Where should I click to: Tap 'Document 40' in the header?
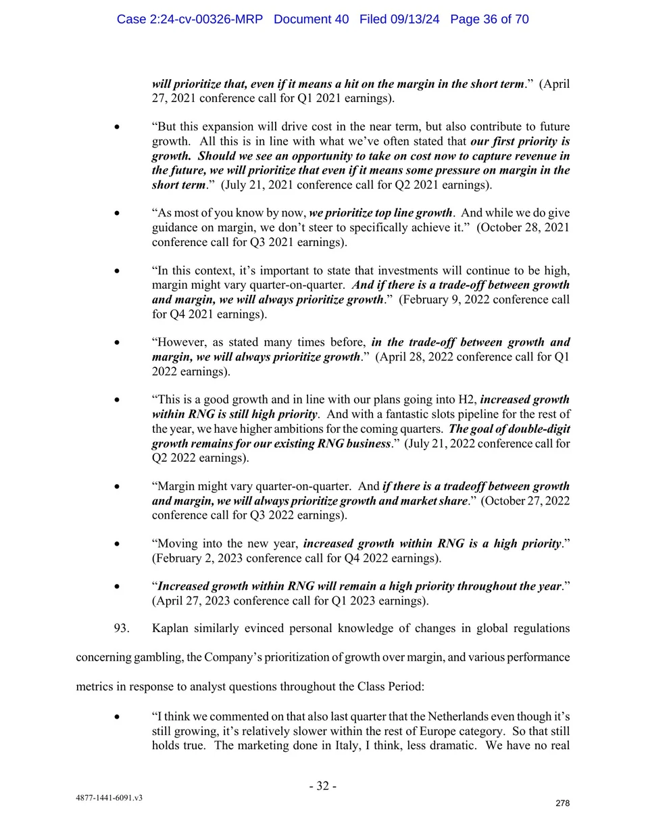311,19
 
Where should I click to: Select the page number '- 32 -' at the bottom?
323,786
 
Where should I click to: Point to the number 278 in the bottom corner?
562,803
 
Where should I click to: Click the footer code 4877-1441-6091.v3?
109,798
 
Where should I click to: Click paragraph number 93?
122,628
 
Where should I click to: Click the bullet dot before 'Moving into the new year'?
118,544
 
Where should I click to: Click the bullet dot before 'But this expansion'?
118,126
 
